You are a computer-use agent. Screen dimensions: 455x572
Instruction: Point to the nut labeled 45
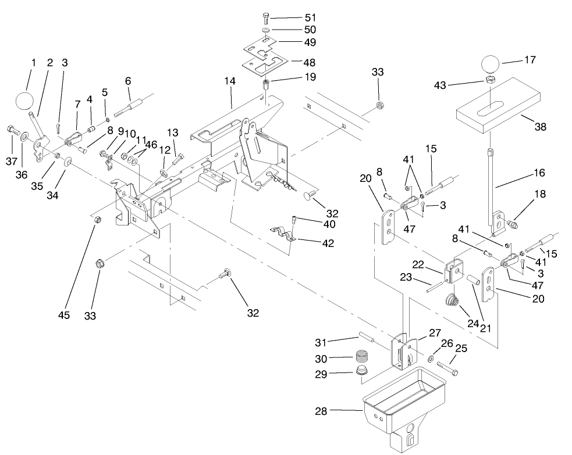[98, 220]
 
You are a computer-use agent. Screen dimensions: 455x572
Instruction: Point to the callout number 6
[127, 82]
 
